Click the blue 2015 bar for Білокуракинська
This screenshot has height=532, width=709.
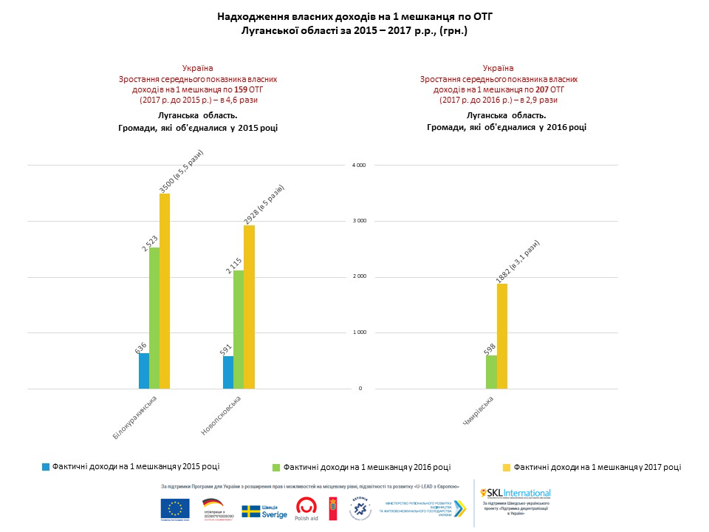(x=144, y=371)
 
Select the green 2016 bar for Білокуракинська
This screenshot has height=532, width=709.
(x=154, y=318)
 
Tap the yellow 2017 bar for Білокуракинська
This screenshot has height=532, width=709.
(x=165, y=291)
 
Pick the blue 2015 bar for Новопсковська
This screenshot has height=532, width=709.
(x=227, y=372)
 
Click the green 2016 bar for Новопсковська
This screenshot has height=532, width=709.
(x=239, y=330)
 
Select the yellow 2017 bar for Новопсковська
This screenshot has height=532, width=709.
(x=249, y=307)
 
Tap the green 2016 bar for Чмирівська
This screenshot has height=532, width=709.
(x=491, y=372)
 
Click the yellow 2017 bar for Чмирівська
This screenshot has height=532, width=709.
(x=502, y=336)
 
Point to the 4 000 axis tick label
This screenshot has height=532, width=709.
(x=358, y=165)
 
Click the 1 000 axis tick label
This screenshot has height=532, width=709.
(x=358, y=332)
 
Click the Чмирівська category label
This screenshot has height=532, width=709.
(x=478, y=411)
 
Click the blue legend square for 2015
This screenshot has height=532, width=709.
(x=46, y=467)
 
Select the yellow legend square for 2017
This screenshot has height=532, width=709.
(x=507, y=467)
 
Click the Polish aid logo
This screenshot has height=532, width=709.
(x=307, y=508)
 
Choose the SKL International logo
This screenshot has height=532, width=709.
(x=516, y=493)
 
